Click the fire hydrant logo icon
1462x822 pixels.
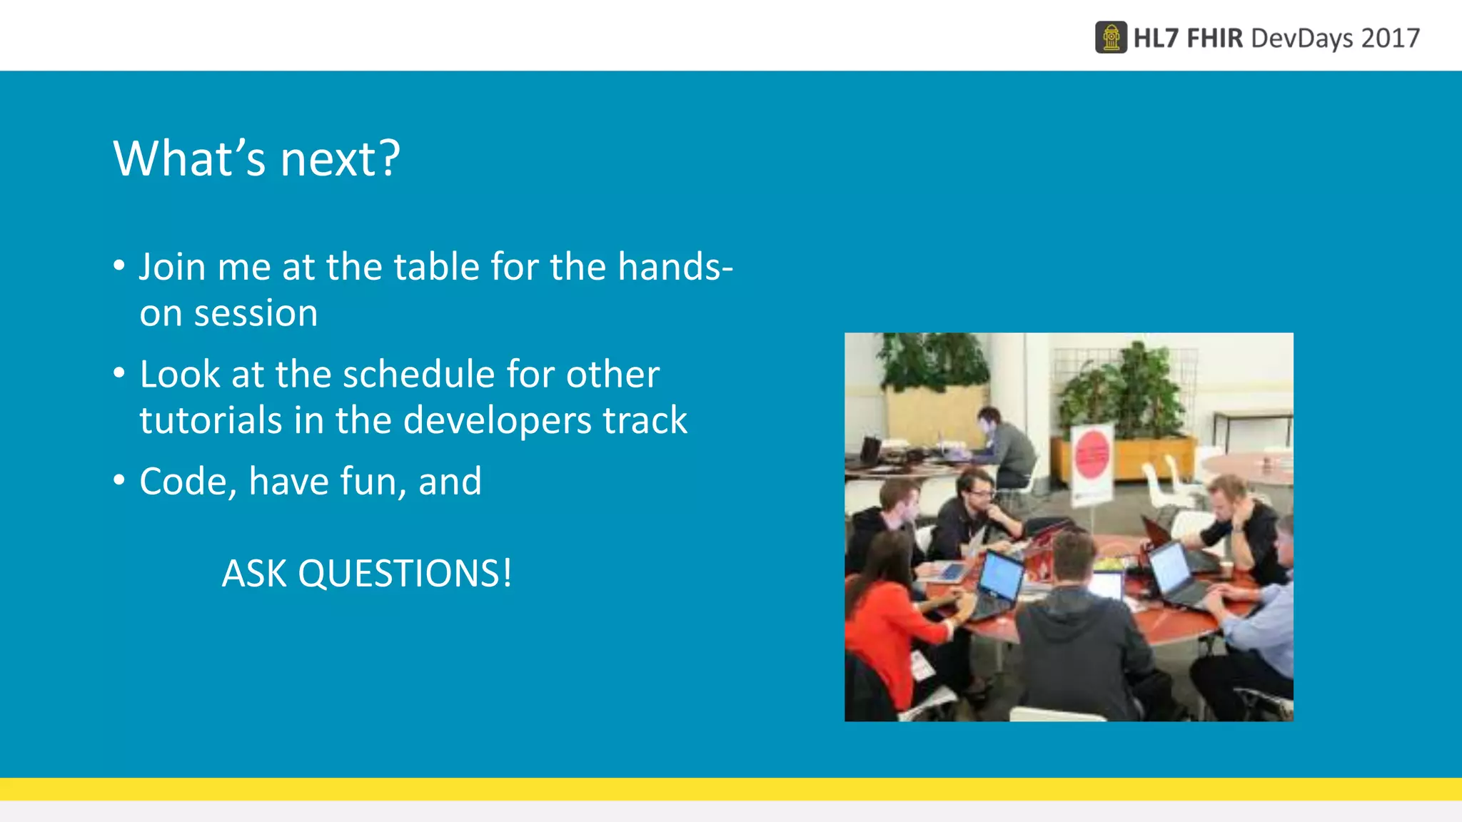pos(1111,38)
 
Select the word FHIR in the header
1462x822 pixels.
pos(1214,38)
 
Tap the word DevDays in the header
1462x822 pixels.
pos(1301,38)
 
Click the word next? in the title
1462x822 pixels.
pos(340,158)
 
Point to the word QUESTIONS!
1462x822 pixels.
pos(405,573)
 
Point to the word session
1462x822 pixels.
pos(256,313)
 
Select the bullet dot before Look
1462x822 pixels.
pos(119,373)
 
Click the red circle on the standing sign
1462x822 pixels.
pos(1092,454)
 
